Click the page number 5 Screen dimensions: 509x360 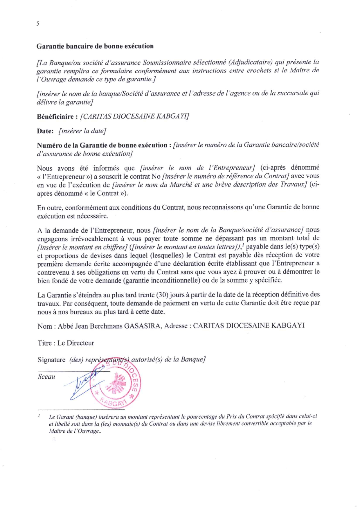38,24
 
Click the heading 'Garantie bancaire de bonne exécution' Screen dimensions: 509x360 95,46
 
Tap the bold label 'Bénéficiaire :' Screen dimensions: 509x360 57,117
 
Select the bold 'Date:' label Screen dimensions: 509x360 45,131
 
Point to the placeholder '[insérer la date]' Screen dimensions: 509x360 82,131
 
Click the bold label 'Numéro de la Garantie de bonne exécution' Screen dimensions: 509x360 102,145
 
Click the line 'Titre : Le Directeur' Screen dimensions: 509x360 66,343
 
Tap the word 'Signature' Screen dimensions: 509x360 52,360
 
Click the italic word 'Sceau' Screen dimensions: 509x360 46,377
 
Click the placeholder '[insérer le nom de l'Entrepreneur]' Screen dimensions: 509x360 197,168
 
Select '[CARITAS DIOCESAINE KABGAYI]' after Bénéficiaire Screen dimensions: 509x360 135,116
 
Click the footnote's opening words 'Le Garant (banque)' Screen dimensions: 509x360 70,417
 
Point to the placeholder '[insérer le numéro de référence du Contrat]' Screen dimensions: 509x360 226,176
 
